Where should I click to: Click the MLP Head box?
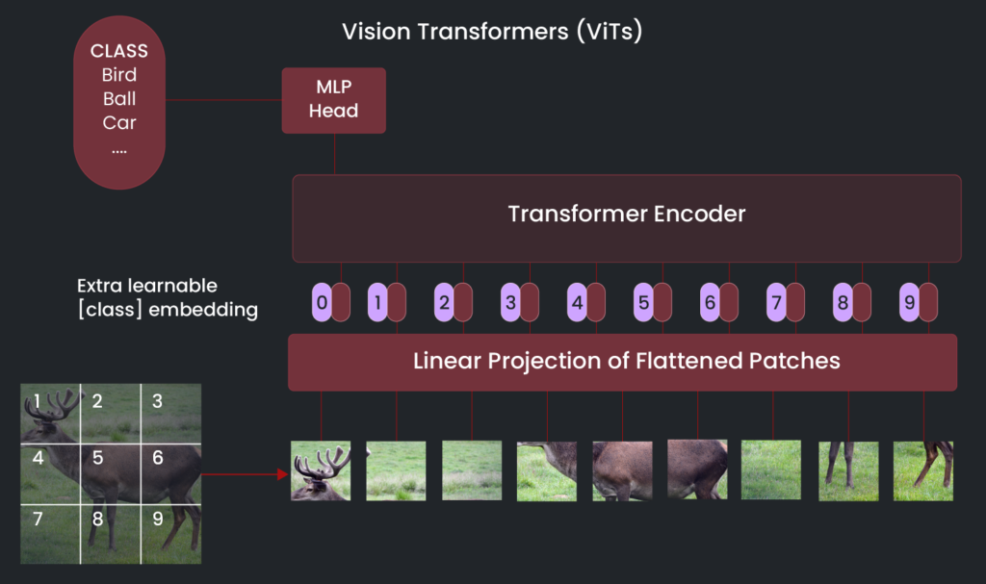coord(333,100)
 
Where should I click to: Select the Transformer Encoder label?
coord(626,214)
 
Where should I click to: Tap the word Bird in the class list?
coord(119,75)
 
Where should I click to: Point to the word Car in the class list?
coord(119,123)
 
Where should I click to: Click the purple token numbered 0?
coord(322,302)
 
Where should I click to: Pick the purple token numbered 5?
coord(643,302)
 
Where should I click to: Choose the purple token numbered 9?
coord(908,302)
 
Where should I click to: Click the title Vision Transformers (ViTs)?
coord(492,32)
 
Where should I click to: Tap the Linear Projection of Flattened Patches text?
coord(626,362)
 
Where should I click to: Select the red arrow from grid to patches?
coord(245,473)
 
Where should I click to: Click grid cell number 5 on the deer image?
coord(110,473)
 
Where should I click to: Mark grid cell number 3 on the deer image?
coord(170,413)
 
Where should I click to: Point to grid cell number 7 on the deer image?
coord(50,532)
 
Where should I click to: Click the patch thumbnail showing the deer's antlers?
coord(321,470)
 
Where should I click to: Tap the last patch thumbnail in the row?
coord(922,470)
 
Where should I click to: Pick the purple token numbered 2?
coord(444,302)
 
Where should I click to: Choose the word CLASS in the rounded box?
coord(119,51)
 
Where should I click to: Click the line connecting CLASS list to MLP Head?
coord(223,99)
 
